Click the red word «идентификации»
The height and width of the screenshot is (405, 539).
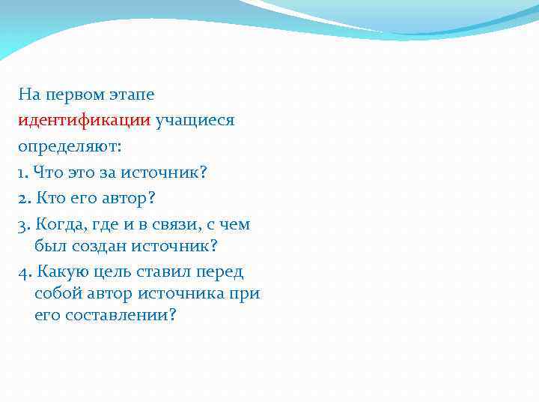[85, 121]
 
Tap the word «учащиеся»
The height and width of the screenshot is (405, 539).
[195, 121]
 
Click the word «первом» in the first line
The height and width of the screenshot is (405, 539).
[76, 95]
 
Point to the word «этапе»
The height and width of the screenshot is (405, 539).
[133, 96]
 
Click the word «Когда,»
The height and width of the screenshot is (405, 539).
[62, 224]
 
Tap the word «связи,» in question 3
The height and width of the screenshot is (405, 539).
[183, 224]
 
